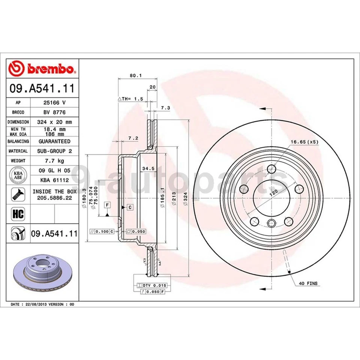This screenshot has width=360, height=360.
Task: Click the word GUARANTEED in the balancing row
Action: (54, 141)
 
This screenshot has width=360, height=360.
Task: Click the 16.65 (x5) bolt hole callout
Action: (304, 142)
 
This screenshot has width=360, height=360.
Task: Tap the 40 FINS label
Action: (308, 283)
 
